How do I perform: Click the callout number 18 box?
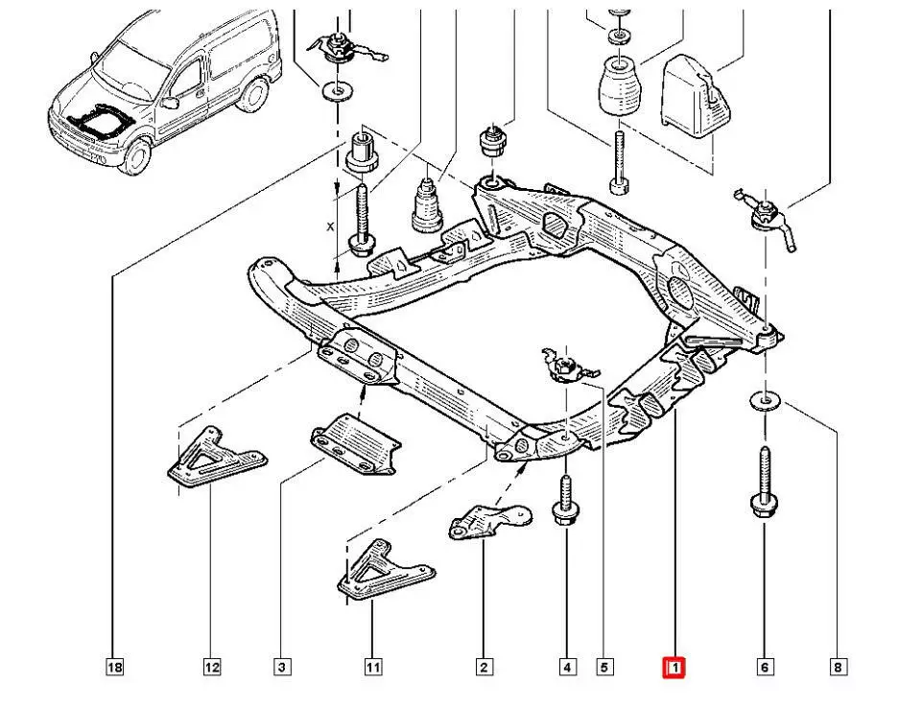pos(114,667)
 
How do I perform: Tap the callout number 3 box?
pos(281,667)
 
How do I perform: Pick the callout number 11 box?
pos(372,667)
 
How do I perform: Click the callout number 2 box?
pos(485,667)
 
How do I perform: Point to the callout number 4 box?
pos(568,667)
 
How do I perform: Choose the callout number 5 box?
pos(604,667)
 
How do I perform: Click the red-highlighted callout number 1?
pos(674,667)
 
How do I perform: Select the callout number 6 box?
pos(765,667)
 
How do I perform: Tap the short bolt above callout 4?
pos(565,501)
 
